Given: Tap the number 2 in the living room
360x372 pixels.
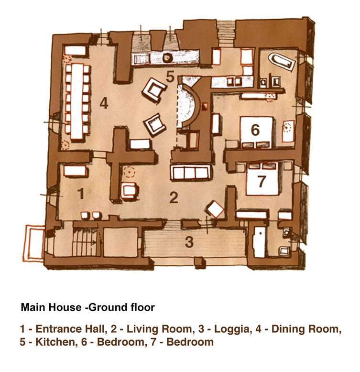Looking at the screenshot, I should (x=174, y=197).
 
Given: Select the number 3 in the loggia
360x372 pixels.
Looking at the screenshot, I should (x=189, y=242).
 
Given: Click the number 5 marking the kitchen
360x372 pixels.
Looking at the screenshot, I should (x=171, y=76).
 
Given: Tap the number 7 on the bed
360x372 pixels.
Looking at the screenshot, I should (x=261, y=182).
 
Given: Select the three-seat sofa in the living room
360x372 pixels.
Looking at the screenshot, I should (x=190, y=172).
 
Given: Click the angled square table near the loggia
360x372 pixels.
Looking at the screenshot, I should (x=215, y=208).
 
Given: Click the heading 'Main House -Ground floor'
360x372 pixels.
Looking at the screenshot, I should (x=87, y=307).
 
